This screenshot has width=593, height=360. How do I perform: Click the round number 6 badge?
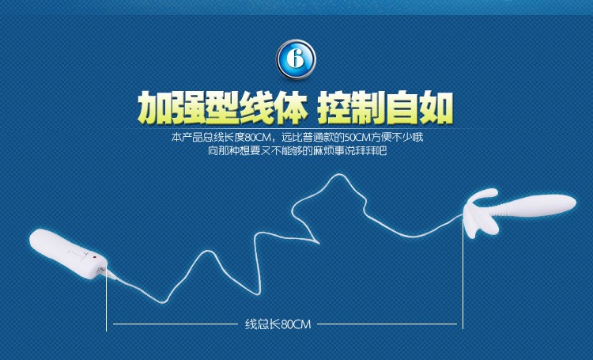point(296,59)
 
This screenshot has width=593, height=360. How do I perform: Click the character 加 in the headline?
point(154,108)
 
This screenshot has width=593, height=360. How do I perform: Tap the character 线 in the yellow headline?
point(256,108)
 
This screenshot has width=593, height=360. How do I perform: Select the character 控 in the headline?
point(334,108)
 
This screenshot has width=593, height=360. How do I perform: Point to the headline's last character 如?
point(436,108)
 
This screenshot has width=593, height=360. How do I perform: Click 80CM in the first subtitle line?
point(257,137)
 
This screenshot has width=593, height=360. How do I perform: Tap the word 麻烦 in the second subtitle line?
point(323,150)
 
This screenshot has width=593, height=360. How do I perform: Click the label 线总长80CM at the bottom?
point(278,324)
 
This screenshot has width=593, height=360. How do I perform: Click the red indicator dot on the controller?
point(95,258)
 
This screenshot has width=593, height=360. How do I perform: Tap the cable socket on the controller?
point(102,270)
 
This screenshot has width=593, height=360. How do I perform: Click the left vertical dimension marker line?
point(106,298)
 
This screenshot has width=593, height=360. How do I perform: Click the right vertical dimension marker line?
point(463,273)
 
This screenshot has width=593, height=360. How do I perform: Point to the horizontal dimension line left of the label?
point(175,324)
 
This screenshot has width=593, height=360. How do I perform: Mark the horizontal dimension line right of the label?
point(387,324)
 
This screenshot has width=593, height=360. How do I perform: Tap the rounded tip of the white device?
point(569,203)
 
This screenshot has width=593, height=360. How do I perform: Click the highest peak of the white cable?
point(338,175)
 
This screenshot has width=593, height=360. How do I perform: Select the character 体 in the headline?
point(290,108)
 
